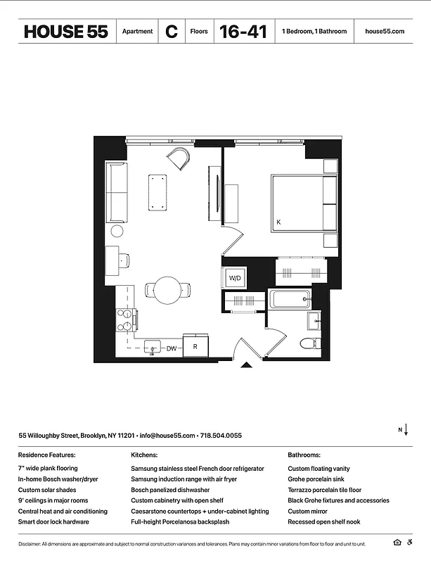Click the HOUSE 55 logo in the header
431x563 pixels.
65,32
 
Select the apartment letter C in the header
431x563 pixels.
171,32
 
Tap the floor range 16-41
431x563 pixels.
243,32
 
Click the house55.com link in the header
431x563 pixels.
385,32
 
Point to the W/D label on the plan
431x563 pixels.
235,279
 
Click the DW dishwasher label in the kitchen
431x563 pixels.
171,348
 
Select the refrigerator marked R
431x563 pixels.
195,347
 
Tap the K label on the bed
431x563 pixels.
278,222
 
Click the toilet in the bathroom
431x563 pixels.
309,344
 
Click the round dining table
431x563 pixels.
169,289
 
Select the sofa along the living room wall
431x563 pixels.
116,192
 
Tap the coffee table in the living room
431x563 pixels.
157,191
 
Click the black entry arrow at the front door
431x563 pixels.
245,365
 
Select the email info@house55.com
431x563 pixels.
167,436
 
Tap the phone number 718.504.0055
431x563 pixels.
222,436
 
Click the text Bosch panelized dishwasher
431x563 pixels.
170,490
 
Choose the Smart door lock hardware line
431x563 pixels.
53,522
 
